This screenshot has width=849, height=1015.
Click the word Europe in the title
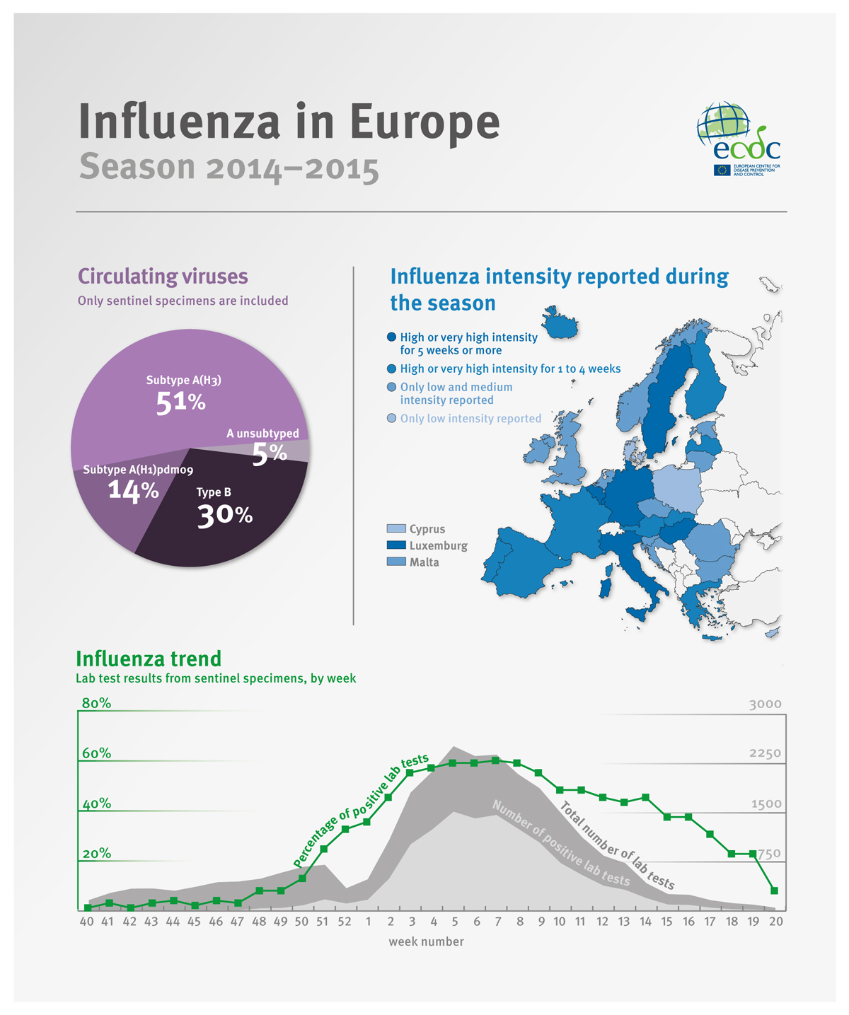(x=424, y=122)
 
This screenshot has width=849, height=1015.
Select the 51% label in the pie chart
(x=180, y=402)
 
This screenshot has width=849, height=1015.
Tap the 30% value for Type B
(x=224, y=516)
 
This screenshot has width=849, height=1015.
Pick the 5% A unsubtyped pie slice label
(x=270, y=453)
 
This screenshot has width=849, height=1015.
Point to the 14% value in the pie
(x=133, y=489)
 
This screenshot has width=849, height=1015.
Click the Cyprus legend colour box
(x=396, y=529)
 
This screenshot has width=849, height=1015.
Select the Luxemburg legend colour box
(x=396, y=545)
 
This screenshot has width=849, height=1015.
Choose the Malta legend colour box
(x=396, y=562)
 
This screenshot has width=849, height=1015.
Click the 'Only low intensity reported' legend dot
(x=392, y=419)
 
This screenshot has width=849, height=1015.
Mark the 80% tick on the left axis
(x=96, y=704)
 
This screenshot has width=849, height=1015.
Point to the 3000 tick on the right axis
(x=765, y=704)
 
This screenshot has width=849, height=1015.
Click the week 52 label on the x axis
(x=344, y=922)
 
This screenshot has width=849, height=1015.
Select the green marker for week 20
(x=775, y=891)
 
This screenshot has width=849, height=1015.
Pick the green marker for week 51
(x=324, y=849)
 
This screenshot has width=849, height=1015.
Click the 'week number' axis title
(x=426, y=941)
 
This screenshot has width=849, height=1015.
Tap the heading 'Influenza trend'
(x=149, y=659)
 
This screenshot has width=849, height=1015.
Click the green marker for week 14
(x=645, y=797)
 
